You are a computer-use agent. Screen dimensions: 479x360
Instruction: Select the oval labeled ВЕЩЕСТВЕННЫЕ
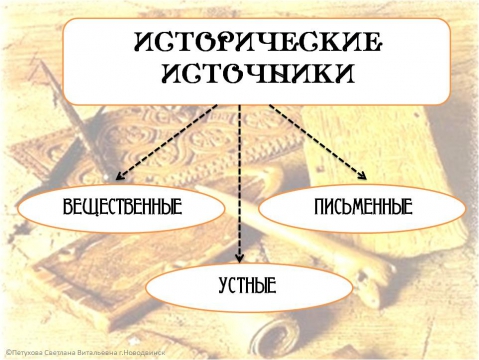121,209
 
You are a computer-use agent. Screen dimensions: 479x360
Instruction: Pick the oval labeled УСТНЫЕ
246,285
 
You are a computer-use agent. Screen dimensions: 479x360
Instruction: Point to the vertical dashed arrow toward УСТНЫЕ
241,180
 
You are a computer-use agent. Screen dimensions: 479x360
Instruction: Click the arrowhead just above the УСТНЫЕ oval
241,256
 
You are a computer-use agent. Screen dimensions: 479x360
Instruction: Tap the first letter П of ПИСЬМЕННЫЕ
318,209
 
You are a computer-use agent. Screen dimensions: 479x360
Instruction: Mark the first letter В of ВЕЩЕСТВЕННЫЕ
67,209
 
